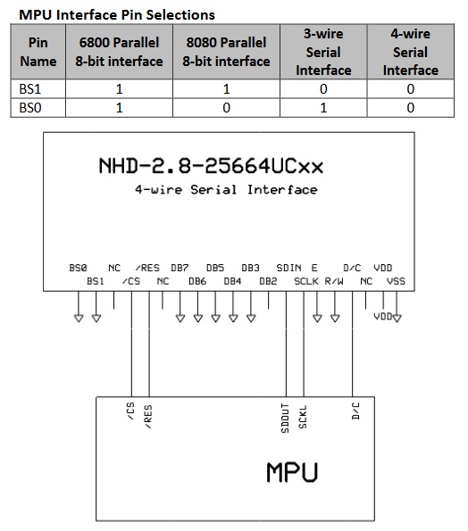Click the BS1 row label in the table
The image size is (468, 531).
(x=29, y=89)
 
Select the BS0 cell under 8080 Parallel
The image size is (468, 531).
(x=226, y=108)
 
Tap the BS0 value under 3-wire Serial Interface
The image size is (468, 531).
(x=323, y=108)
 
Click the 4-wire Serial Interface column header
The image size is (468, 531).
(x=410, y=52)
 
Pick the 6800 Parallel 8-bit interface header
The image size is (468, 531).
(x=119, y=52)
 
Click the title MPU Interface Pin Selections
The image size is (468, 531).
(x=117, y=15)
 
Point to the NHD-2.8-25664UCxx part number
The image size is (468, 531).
(x=211, y=166)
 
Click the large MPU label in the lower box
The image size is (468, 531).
(x=292, y=472)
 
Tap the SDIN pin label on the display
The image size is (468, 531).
(x=288, y=268)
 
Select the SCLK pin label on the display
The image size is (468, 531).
(x=306, y=281)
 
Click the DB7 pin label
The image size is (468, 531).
(x=180, y=268)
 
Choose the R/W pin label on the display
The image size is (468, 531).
(x=334, y=281)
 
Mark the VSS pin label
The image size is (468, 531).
(x=396, y=281)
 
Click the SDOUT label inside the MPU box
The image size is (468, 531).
(x=285, y=419)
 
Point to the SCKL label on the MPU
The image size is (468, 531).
(x=303, y=417)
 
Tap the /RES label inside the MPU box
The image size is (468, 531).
(x=148, y=417)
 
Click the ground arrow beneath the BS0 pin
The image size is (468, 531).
(x=79, y=319)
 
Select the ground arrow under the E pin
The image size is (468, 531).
(x=317, y=319)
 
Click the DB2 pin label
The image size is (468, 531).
(x=268, y=281)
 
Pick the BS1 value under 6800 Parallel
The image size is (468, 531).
(x=119, y=89)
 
